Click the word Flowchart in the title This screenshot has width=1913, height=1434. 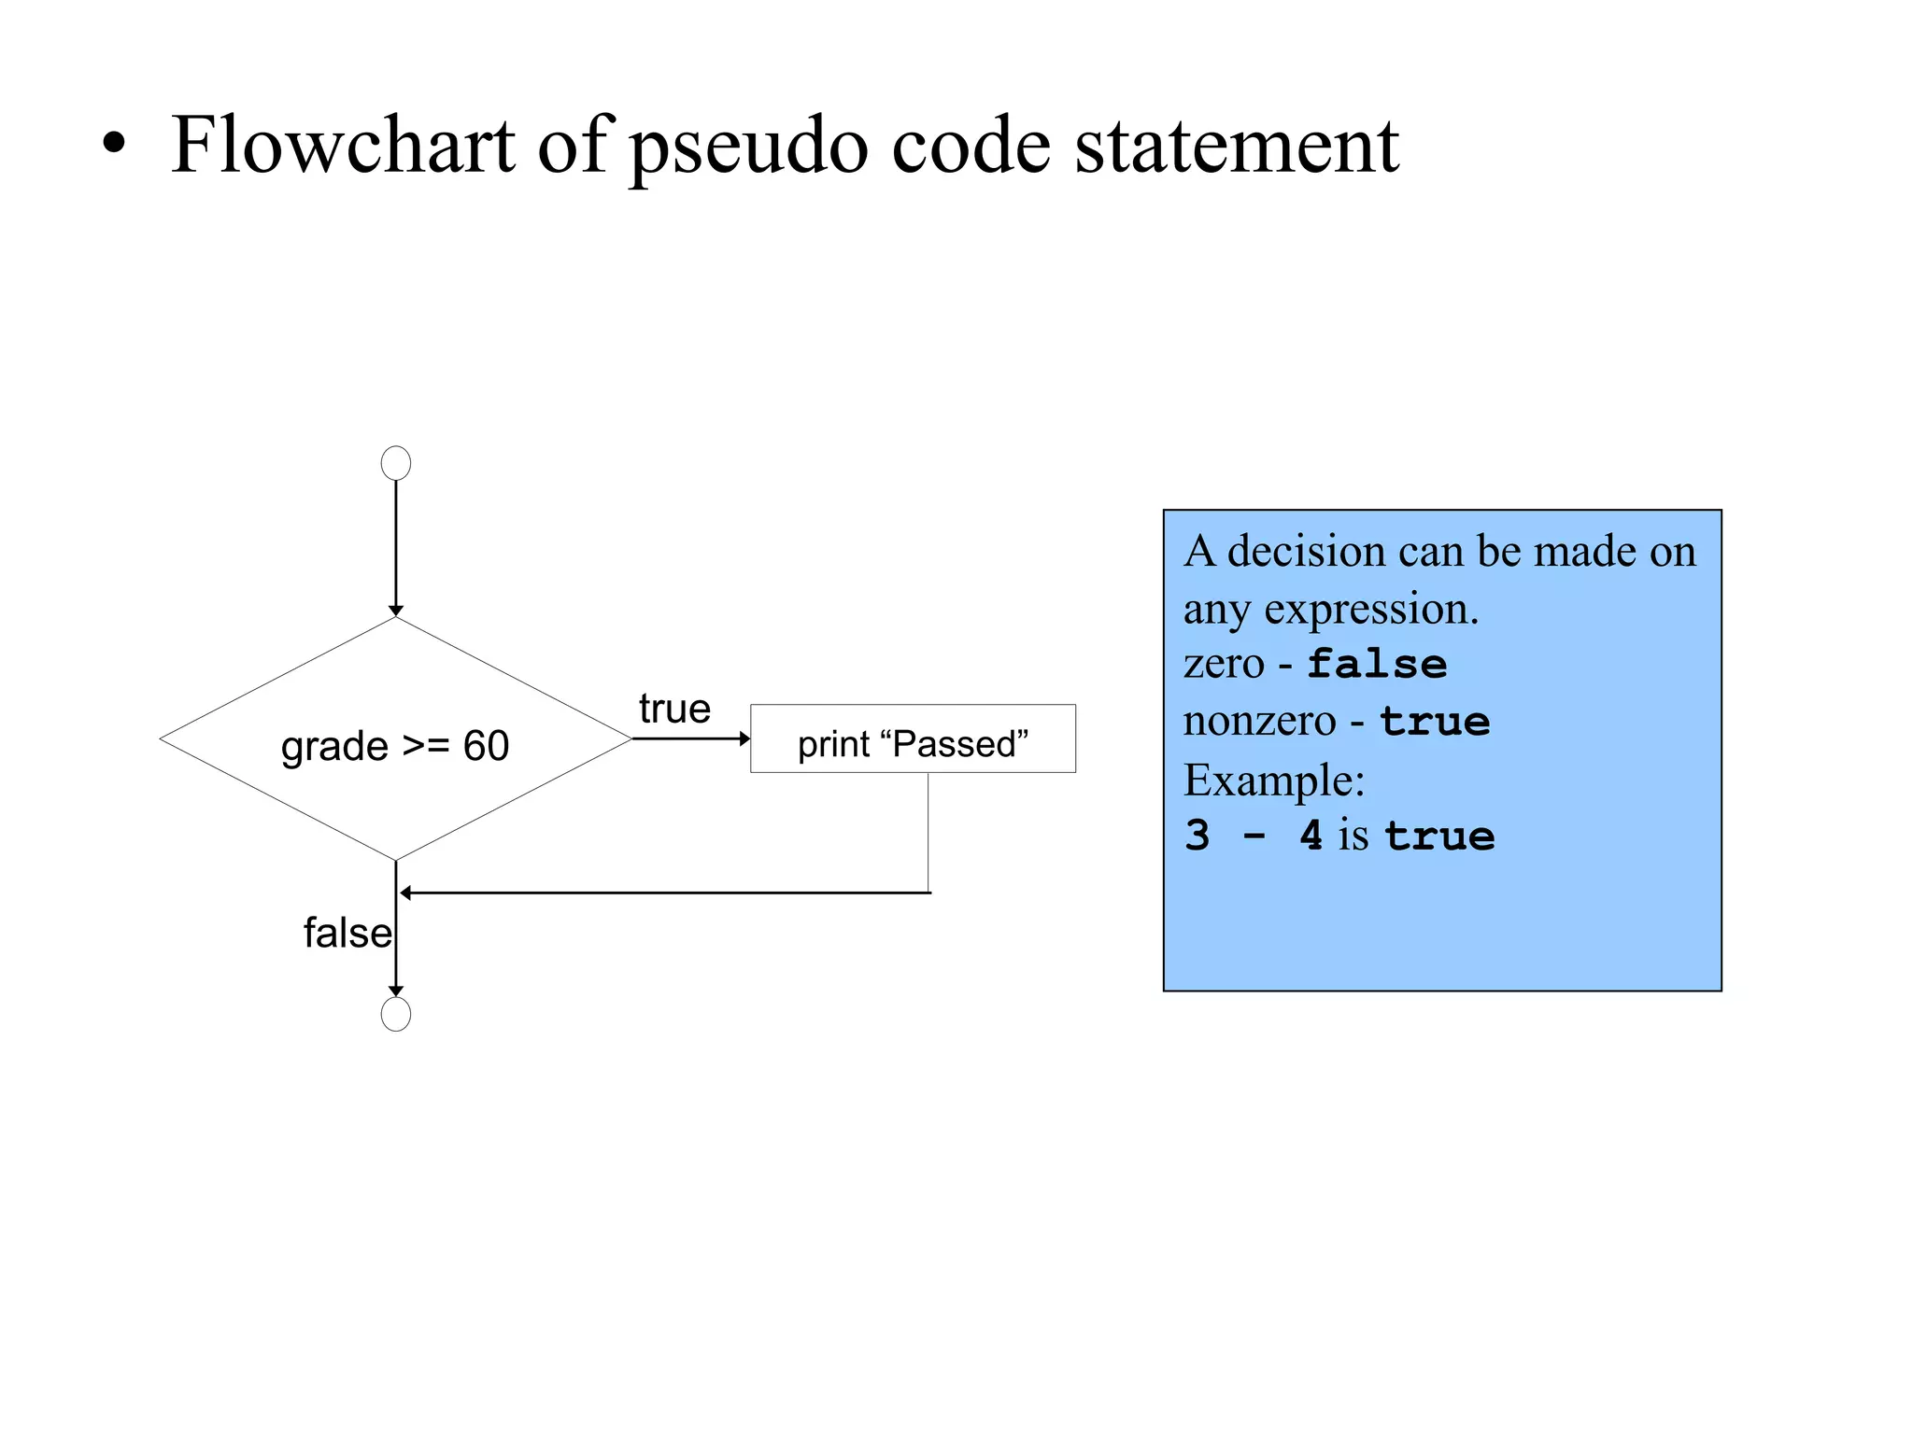coord(343,145)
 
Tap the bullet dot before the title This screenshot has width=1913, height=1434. coord(114,145)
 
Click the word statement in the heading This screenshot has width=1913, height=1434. coord(1237,147)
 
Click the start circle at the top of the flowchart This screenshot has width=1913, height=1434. coord(396,463)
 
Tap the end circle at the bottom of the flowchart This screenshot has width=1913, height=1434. coord(396,1014)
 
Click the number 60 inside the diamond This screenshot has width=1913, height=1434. coord(486,746)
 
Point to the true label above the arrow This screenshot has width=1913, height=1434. coord(674,709)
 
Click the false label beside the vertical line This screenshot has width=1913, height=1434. coord(347,933)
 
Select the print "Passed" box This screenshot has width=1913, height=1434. coord(913,738)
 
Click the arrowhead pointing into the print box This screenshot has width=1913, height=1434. coord(744,738)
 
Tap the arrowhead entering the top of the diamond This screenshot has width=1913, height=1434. coord(396,611)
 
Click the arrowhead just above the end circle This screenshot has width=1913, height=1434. coord(396,991)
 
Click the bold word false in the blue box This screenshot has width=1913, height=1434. coord(1377,664)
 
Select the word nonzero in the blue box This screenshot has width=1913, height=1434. coord(1260,721)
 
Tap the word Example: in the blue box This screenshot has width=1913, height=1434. coord(1274,780)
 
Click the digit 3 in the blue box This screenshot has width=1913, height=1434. coord(1197,835)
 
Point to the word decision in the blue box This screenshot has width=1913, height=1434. coord(1306,551)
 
